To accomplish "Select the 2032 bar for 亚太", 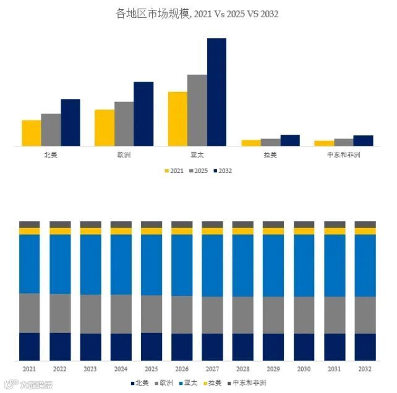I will [x=216, y=92].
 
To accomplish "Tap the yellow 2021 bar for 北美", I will [x=31, y=133].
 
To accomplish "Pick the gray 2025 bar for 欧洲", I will [x=124, y=124].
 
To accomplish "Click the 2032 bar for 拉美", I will [x=290, y=140].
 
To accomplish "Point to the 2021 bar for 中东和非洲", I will [x=323, y=143].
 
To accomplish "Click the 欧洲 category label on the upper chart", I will [x=124, y=155].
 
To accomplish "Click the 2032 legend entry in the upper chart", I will [x=221, y=171].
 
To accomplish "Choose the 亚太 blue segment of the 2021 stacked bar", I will [x=30, y=264].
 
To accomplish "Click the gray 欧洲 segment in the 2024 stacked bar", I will [x=121, y=314].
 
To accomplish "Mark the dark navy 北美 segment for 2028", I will [x=243, y=347].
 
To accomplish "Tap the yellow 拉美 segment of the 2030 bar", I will [x=304, y=231].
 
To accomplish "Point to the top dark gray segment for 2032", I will [x=365, y=224].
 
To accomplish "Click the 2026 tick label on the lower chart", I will [x=182, y=369].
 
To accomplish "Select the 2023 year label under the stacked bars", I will [x=90, y=369].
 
